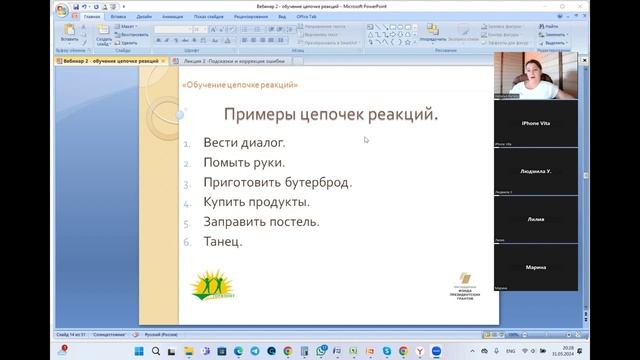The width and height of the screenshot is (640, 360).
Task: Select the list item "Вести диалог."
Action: pyautogui.click(x=244, y=142)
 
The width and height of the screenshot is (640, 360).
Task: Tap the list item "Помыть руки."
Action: pyautogui.click(x=244, y=162)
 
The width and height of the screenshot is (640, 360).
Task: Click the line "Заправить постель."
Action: pyautogui.click(x=261, y=221)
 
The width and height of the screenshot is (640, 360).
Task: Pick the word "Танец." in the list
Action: pyautogui.click(x=222, y=241)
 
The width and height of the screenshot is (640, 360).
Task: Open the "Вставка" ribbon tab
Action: pyautogui.click(x=119, y=17)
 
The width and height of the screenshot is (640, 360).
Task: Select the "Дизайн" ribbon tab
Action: pyautogui.click(x=145, y=17)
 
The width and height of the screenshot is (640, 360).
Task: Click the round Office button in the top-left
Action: pyautogui.click(x=63, y=10)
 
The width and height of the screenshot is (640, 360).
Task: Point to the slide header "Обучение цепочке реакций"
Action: pyautogui.click(x=241, y=85)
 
